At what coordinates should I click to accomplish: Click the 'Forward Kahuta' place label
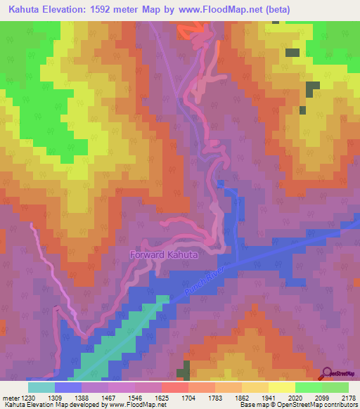coord(164,254)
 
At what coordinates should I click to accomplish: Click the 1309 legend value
coord(54,397)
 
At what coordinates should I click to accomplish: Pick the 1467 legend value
coord(108,397)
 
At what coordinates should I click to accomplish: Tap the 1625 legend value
coord(161,397)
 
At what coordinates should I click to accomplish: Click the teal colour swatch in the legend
coord(41,387)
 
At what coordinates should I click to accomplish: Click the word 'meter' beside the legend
coord(11,397)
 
